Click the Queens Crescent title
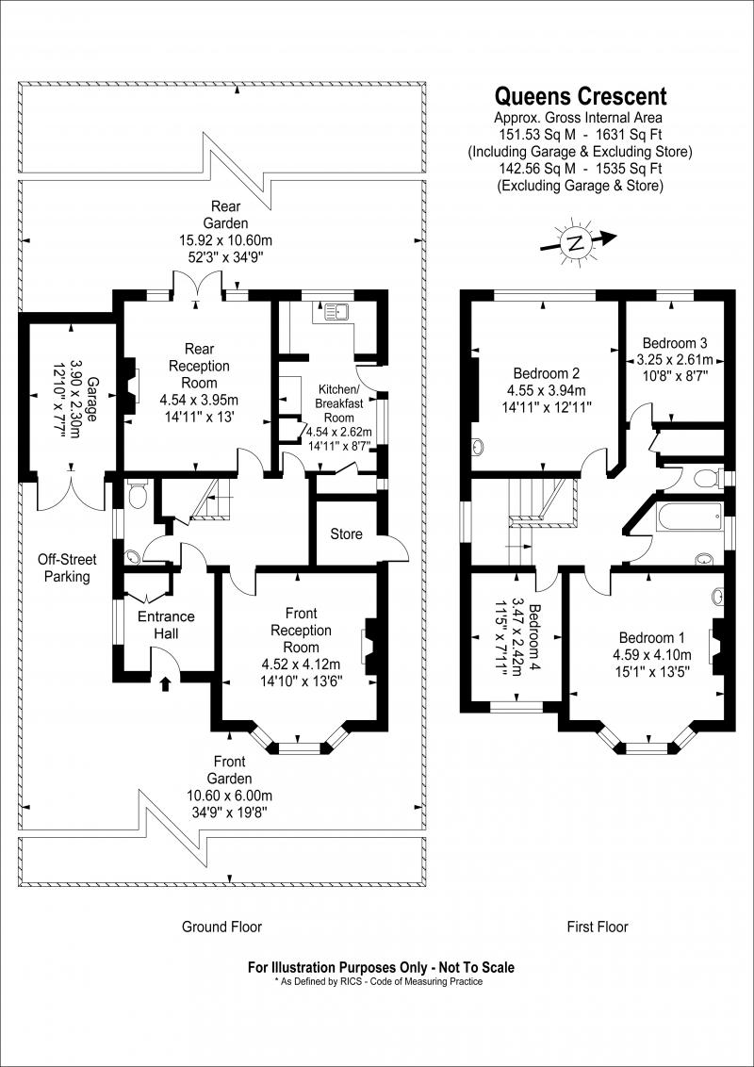click(582, 96)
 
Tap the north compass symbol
click(574, 243)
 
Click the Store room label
click(346, 534)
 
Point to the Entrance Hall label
click(166, 625)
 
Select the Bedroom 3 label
click(675, 343)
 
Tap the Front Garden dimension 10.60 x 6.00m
click(229, 796)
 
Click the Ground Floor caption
click(221, 927)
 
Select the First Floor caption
click(598, 927)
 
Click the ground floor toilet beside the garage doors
click(138, 493)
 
